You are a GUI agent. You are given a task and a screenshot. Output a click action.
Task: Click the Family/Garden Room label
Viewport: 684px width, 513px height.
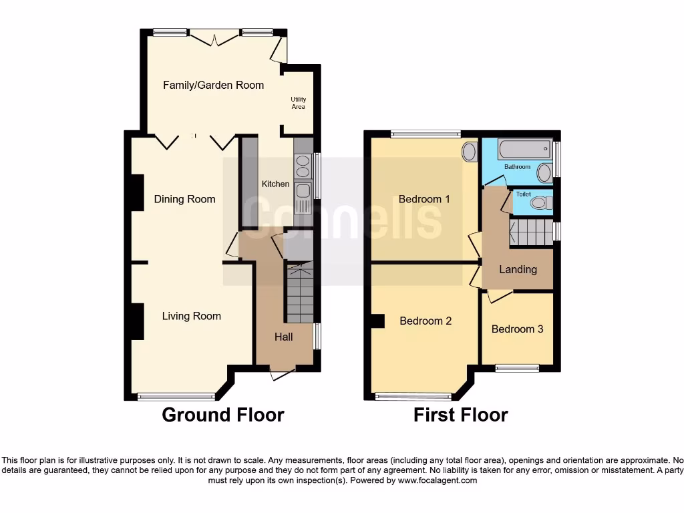[x=214, y=85]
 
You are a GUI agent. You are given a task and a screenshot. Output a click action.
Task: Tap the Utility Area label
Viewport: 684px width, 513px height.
[x=298, y=103]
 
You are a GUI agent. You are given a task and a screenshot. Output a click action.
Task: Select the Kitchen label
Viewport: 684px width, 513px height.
[x=275, y=184]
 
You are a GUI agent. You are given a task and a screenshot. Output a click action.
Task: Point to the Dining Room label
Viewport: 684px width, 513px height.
[x=184, y=199]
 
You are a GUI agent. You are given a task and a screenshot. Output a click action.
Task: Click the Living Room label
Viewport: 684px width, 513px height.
[x=191, y=316]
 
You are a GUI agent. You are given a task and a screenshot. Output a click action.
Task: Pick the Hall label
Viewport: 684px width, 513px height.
[x=283, y=337]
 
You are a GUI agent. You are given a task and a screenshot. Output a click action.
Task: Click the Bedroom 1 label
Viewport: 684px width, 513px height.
[x=424, y=199]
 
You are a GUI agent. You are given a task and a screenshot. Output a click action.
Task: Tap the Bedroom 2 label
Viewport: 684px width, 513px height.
[x=425, y=321]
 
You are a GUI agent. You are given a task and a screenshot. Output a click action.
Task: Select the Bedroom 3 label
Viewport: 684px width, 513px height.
[x=517, y=329]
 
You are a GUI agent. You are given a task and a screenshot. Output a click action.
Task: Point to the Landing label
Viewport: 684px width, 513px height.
[x=518, y=270]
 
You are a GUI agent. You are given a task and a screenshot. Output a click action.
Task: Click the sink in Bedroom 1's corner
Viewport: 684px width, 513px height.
[x=470, y=152]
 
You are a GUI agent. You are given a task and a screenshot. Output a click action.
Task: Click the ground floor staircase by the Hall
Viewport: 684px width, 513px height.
[x=299, y=294]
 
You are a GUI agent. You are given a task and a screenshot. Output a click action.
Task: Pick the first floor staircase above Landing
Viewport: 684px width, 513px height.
[x=531, y=233]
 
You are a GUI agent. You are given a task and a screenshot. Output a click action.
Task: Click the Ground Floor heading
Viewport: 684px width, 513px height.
[x=223, y=415]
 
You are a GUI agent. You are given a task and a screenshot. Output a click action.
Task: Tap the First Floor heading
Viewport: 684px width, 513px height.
[x=460, y=415]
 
